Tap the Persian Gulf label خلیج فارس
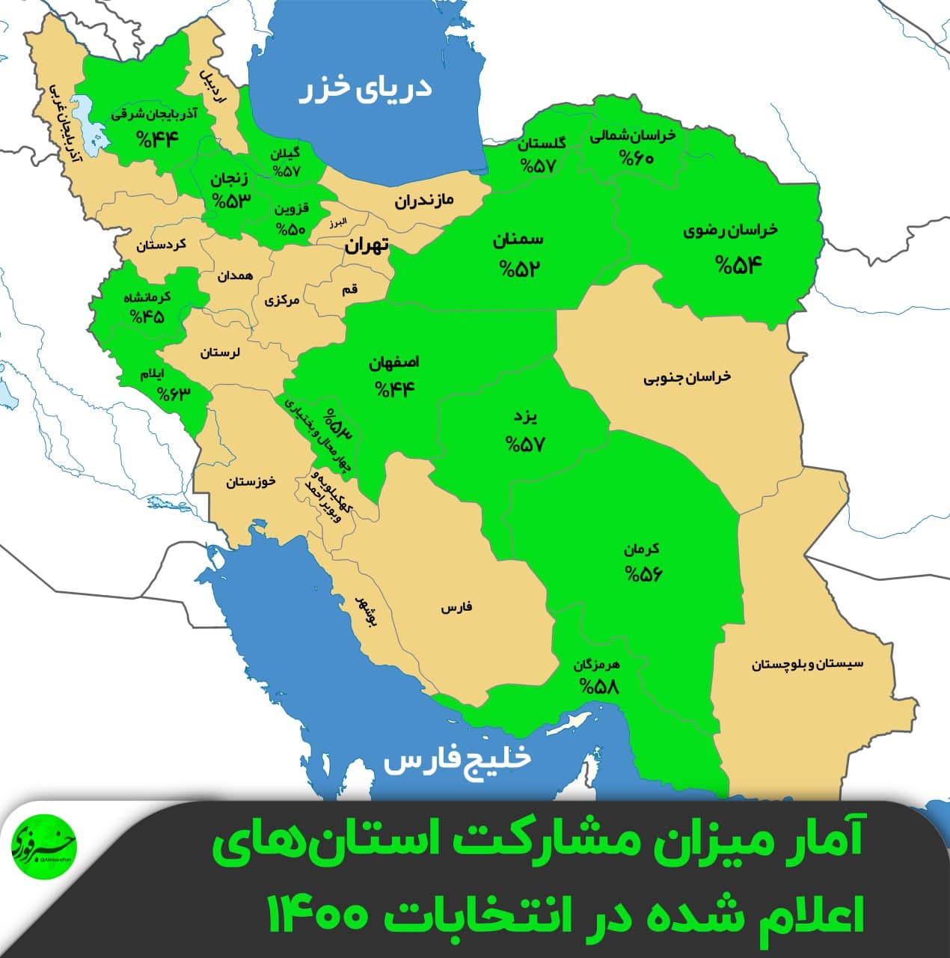(457, 759)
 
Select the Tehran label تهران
(367, 245)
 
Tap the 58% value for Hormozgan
(599, 686)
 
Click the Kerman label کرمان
(643, 549)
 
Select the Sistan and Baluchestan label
(807, 664)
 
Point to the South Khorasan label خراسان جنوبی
(687, 378)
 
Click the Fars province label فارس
(456, 608)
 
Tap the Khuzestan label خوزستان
(251, 481)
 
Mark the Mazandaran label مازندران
(425, 200)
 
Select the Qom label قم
(350, 289)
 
